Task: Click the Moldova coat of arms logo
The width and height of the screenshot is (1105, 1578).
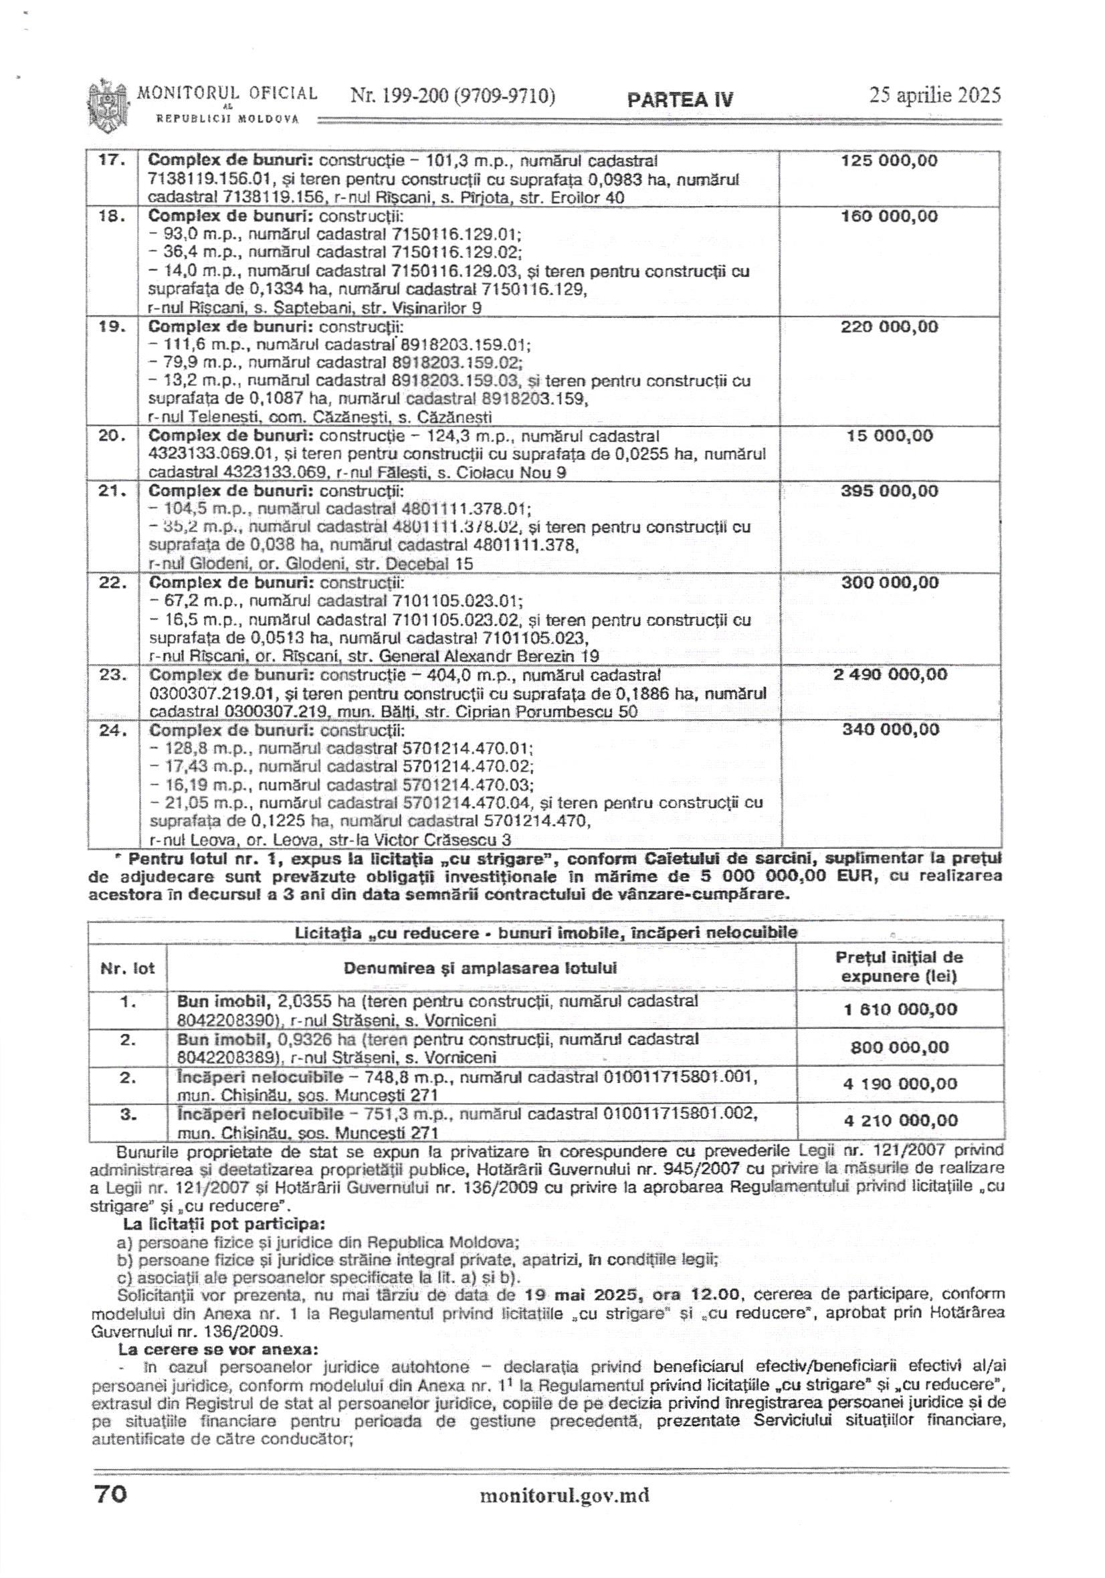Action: coord(108,104)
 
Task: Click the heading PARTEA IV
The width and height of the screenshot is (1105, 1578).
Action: coord(680,100)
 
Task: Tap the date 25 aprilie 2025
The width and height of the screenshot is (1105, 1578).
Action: coord(934,96)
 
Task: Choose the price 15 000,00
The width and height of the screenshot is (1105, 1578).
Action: coord(889,435)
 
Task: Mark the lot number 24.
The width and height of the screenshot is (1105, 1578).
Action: coord(112,730)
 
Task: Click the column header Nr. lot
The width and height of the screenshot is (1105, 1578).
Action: coord(127,969)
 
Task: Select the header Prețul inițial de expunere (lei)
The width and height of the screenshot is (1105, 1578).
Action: coord(899,967)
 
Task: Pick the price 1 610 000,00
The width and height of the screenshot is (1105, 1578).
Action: coord(899,1009)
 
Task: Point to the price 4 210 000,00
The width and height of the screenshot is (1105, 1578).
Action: coord(899,1120)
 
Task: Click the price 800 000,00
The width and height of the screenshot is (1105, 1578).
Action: coord(899,1048)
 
